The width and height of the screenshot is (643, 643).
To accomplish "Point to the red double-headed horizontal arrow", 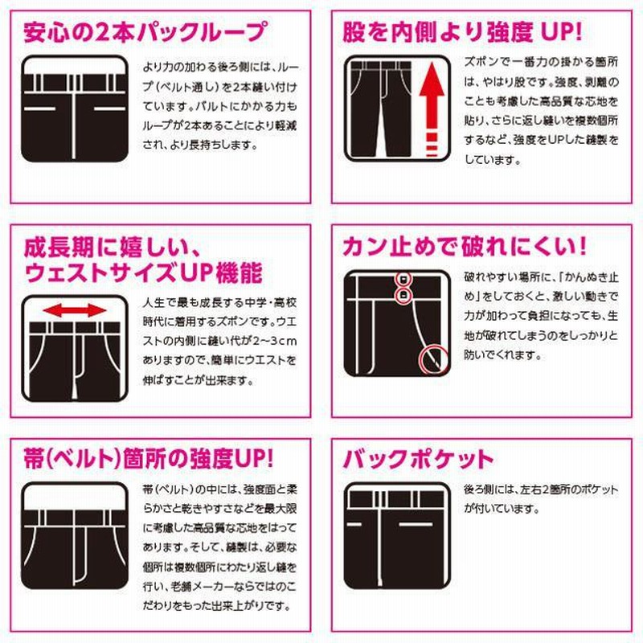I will pyautogui.click(x=74, y=309).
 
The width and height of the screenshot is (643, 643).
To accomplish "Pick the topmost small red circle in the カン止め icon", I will pyautogui.click(x=403, y=279).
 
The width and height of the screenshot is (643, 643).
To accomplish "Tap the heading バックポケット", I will pyautogui.click(x=418, y=459).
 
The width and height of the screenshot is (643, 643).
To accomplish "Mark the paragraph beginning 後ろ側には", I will pyautogui.click(x=539, y=500).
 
